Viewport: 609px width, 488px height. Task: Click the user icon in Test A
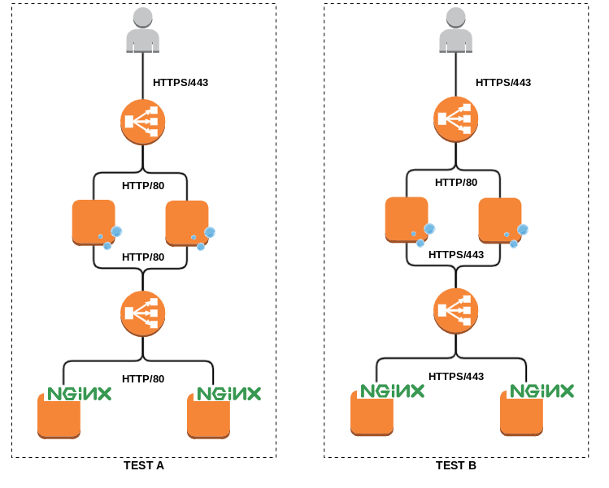[142, 30]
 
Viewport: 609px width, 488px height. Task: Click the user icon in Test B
[455, 30]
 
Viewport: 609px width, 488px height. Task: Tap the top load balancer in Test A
[143, 122]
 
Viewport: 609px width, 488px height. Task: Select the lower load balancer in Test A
[143, 313]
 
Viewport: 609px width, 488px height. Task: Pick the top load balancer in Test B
[455, 119]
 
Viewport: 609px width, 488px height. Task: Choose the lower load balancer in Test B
[455, 311]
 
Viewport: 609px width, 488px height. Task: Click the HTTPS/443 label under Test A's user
[181, 83]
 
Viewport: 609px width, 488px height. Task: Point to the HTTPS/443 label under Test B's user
[503, 83]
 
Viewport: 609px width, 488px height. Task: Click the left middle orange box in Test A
[94, 222]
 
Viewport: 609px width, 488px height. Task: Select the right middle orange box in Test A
[187, 222]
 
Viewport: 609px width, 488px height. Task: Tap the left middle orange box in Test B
[407, 219]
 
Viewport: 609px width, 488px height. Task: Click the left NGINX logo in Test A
[79, 394]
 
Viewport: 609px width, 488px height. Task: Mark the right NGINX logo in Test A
[228, 394]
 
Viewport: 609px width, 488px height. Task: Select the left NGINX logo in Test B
[393, 391]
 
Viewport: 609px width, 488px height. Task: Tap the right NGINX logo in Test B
[542, 391]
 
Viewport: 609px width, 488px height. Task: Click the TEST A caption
[144, 466]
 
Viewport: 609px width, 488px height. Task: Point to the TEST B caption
[456, 466]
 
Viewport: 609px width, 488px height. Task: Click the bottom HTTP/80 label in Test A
[143, 378]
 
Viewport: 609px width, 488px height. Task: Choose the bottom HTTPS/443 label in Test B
[456, 376]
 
